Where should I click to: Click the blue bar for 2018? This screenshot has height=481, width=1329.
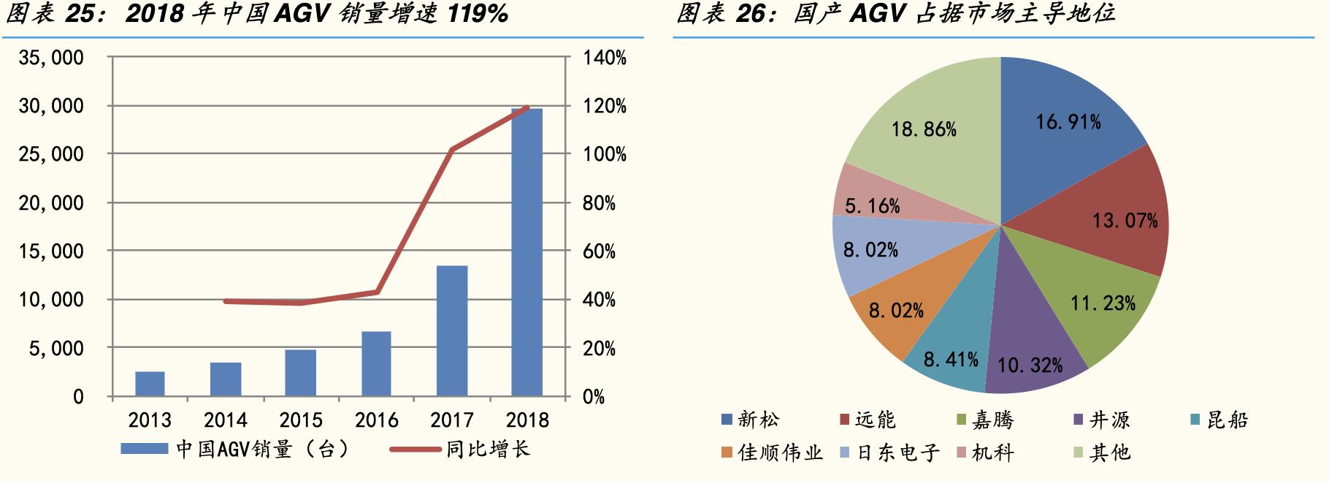pyautogui.click(x=526, y=252)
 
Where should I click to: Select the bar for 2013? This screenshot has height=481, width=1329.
pyautogui.click(x=150, y=384)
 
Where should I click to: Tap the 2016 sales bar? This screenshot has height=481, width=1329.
pyautogui.click(x=376, y=364)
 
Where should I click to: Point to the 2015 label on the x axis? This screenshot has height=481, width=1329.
pyautogui.click(x=301, y=420)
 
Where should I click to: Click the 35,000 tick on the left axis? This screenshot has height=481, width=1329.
pyautogui.click(x=52, y=58)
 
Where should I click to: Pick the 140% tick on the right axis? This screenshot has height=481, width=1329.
pyautogui.click(x=605, y=58)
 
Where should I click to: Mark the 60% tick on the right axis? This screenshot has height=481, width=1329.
pyautogui.click(x=600, y=251)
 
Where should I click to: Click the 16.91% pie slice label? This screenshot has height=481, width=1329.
pyautogui.click(x=1068, y=122)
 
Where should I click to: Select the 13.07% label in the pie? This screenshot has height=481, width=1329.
pyautogui.click(x=1125, y=220)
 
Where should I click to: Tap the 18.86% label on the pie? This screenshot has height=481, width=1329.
pyautogui.click(x=924, y=129)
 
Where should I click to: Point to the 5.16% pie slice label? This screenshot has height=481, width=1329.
pyautogui.click(x=872, y=206)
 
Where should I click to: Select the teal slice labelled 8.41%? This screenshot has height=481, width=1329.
pyautogui.click(x=951, y=359)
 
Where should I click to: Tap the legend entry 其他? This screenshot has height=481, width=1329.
pyautogui.click(x=1109, y=452)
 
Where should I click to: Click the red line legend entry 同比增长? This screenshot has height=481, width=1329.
pyautogui.click(x=487, y=449)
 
